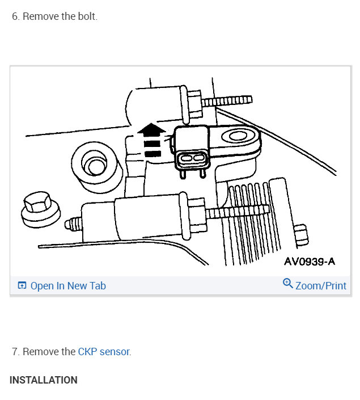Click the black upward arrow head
point(152,129)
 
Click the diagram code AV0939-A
point(310,262)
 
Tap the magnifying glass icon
point(288,284)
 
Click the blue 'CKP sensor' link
point(104,352)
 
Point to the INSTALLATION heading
point(43,380)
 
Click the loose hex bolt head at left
point(41,209)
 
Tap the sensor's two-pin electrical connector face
point(192,158)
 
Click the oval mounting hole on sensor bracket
point(238,136)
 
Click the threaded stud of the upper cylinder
point(227,101)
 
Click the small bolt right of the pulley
point(301,235)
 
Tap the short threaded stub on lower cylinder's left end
point(73,224)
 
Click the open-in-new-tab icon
point(22,285)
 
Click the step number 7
point(15,352)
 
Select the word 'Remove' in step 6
point(41,16)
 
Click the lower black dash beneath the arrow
point(153,154)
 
